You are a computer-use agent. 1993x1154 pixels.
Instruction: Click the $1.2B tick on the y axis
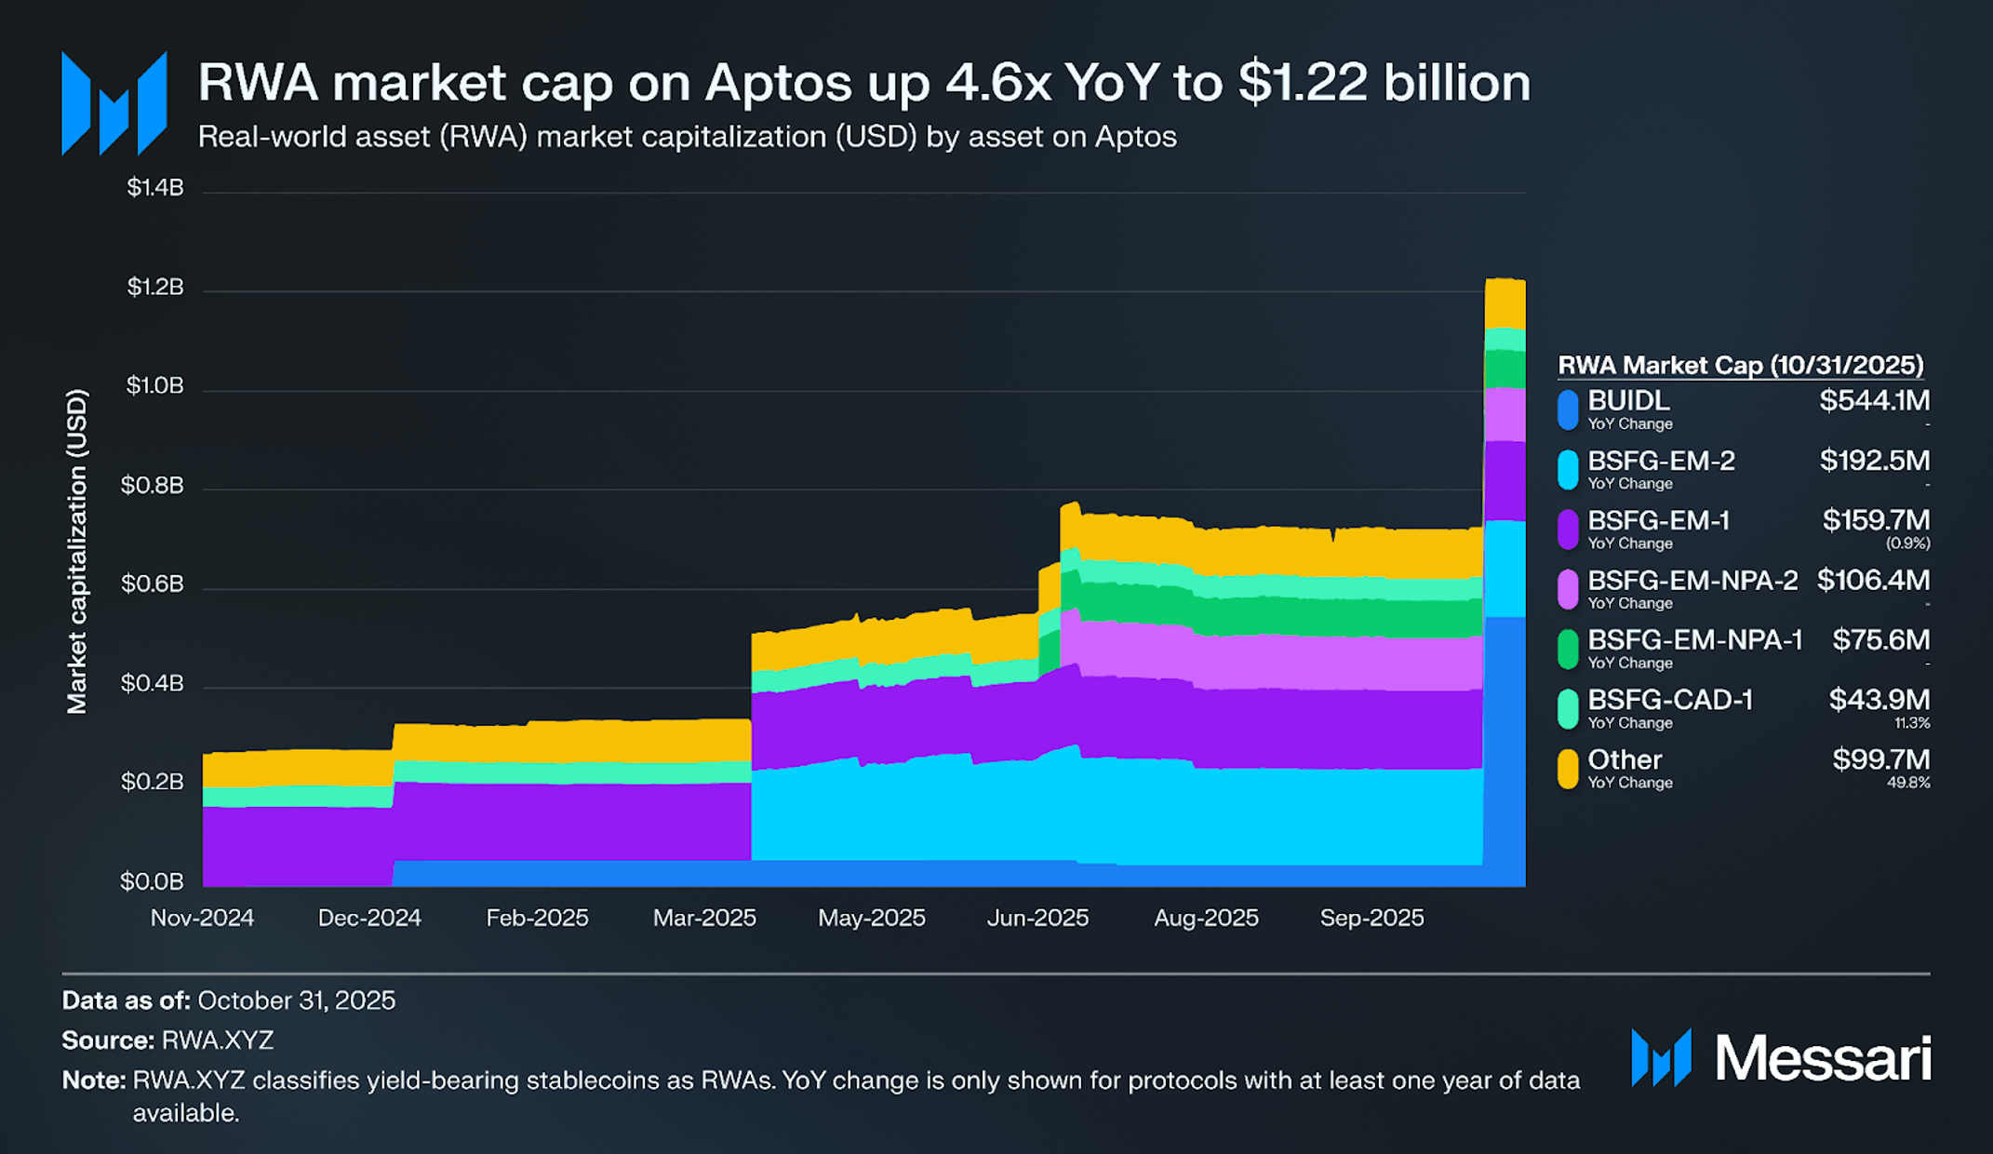pos(155,287)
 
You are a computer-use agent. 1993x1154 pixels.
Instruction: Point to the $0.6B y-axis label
pos(153,584)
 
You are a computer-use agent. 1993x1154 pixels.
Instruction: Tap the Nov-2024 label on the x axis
pos(202,918)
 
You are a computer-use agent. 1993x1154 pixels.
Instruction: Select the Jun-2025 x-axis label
pos(1037,918)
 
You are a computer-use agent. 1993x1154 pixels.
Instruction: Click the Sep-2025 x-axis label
pos(1371,918)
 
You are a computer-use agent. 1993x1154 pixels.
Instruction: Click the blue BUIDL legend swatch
pos(1568,409)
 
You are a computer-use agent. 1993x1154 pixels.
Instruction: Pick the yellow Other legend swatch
pos(1568,769)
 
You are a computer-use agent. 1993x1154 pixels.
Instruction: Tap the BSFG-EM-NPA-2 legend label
pos(1692,581)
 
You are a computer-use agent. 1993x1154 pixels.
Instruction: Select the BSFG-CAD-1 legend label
pos(1670,700)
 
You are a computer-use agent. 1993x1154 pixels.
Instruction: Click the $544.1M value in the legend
pos(1874,401)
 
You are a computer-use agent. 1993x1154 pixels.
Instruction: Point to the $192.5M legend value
pos(1874,461)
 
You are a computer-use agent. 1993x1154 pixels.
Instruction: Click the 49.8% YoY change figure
pos(1908,784)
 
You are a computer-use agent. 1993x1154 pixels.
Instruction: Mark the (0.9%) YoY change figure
pos(1907,543)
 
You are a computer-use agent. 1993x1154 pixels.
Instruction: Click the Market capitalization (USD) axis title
pos(77,551)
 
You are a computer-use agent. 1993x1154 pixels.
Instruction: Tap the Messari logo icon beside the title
pos(114,103)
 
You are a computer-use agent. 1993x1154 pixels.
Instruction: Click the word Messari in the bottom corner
pos(1822,1059)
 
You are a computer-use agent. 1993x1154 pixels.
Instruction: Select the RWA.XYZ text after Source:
pos(218,1040)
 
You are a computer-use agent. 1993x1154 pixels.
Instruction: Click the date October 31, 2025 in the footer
pos(297,1000)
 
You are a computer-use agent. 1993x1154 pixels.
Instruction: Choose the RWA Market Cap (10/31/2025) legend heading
pos(1740,365)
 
